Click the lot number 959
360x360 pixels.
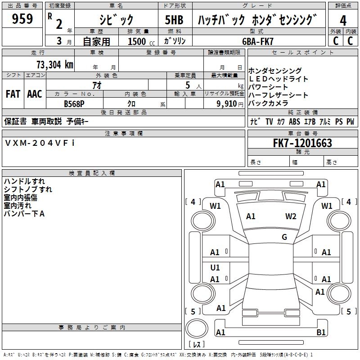[x=22, y=19]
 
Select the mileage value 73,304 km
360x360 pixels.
[x=54, y=64]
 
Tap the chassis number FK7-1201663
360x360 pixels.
[x=302, y=143]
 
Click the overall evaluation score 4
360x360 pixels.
[x=343, y=20]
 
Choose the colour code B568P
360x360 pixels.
[x=75, y=103]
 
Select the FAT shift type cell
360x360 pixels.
[x=13, y=94]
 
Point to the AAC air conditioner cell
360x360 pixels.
[x=35, y=94]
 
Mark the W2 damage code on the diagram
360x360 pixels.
[x=291, y=216]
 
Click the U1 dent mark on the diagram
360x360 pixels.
[x=215, y=268]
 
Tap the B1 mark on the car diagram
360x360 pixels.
[x=321, y=333]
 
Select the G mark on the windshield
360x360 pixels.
[x=284, y=237]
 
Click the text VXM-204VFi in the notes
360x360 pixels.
[x=40, y=143]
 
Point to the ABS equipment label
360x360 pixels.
[x=294, y=121]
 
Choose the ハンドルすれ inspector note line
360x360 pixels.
[x=24, y=181]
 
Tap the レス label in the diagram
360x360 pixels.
[x=197, y=345]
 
